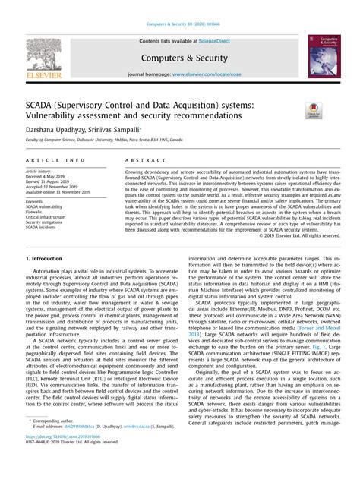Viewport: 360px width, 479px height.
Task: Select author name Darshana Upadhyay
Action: coord(54,132)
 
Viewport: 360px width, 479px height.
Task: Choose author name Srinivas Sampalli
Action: coord(113,132)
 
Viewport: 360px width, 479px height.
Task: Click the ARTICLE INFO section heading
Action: coord(55,162)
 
